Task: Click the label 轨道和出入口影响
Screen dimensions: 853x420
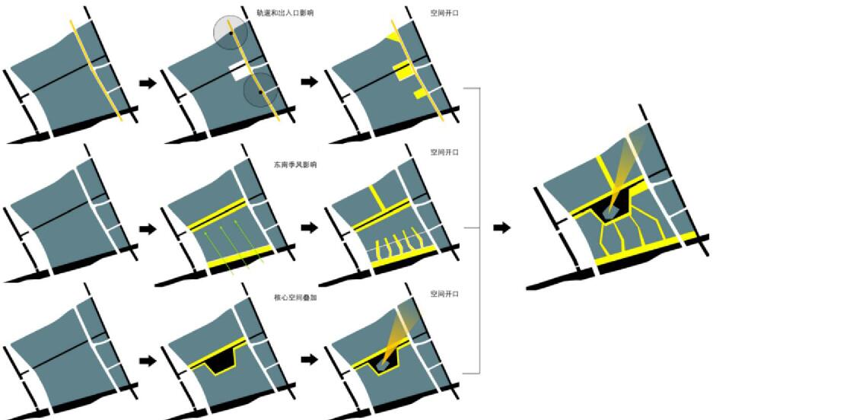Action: coord(285,13)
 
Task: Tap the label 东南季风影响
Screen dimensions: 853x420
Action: coord(295,165)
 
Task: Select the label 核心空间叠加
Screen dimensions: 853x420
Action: coord(295,297)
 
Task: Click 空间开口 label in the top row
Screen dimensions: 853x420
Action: coord(444,13)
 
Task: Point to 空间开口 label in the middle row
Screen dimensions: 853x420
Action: coord(444,152)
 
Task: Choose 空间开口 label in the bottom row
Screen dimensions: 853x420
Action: coord(444,294)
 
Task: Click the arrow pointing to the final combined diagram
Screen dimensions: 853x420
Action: coord(502,228)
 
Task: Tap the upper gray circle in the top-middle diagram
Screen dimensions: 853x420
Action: coord(230,33)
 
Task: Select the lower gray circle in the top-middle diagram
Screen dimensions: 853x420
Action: coord(260,91)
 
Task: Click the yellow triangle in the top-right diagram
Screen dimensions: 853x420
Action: coord(392,37)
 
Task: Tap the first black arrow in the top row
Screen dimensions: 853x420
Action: coord(148,83)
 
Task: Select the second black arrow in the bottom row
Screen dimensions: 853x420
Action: coord(310,360)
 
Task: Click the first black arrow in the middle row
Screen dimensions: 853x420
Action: coord(148,228)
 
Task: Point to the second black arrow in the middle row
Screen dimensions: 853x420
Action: coord(310,228)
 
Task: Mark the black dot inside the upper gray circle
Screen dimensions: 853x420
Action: coord(231,33)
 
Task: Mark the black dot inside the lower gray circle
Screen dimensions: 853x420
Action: coord(260,92)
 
